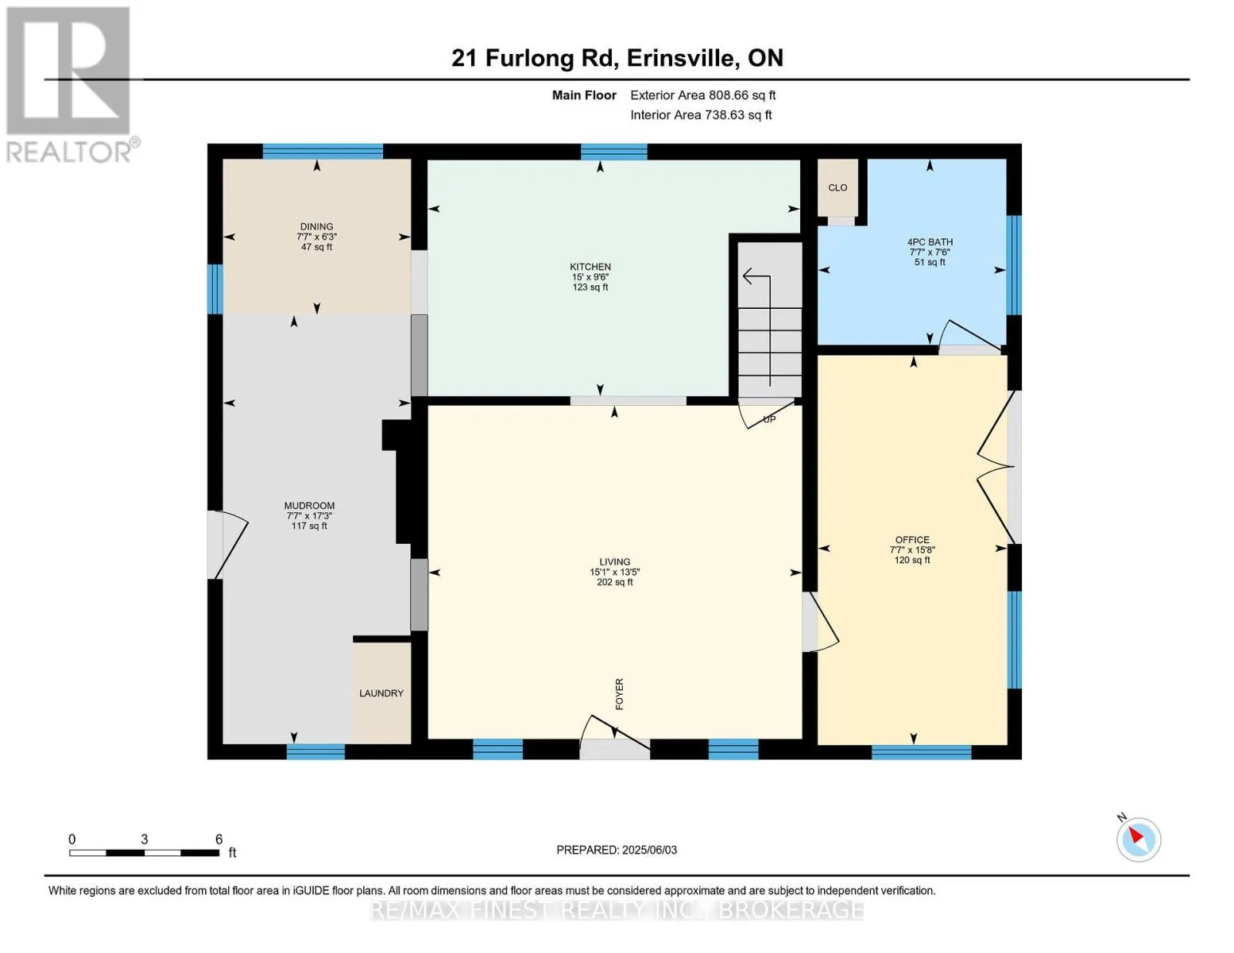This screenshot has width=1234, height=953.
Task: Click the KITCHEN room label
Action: (x=590, y=267)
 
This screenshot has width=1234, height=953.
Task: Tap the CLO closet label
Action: (x=837, y=188)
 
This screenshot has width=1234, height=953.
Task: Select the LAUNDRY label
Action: (x=381, y=693)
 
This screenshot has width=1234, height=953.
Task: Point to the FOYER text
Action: (x=620, y=693)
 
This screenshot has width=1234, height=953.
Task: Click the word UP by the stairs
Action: (x=769, y=419)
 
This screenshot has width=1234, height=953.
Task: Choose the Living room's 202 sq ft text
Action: (x=614, y=582)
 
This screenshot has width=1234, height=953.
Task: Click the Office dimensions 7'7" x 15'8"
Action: (x=912, y=550)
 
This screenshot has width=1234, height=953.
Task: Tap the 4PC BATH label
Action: (x=930, y=241)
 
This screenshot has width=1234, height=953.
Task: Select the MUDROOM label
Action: (x=309, y=506)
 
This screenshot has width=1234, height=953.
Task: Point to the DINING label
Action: (x=316, y=226)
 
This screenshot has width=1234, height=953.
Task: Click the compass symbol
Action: (x=1138, y=840)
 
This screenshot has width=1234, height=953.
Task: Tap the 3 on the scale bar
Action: (x=145, y=839)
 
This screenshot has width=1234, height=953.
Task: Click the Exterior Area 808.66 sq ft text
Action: (x=702, y=95)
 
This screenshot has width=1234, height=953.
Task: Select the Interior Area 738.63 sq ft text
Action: (x=701, y=115)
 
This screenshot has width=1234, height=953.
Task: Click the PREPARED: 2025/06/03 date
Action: (x=616, y=851)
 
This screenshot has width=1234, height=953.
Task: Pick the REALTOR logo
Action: (x=71, y=85)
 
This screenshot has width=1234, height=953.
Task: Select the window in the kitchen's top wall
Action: (x=614, y=152)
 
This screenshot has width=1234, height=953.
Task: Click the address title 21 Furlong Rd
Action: (x=535, y=58)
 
